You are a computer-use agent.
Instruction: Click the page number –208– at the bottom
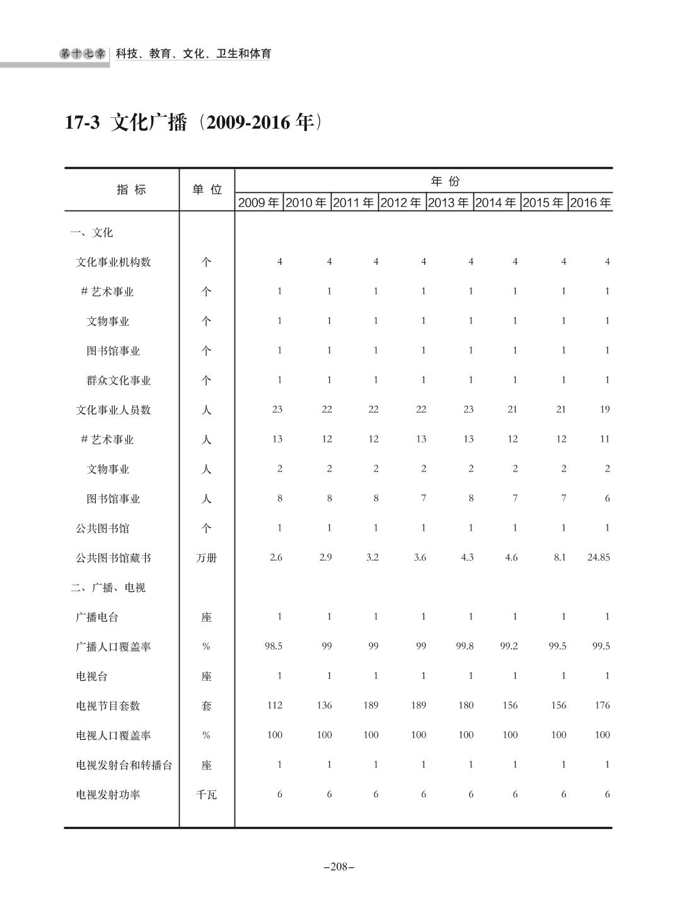click(338, 867)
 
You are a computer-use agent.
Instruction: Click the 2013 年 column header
click(448, 203)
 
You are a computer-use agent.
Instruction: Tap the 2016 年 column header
click(591, 203)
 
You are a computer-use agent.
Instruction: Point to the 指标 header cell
click(131, 190)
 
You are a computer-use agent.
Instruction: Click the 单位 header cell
click(207, 190)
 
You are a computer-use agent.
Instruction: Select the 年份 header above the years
click(445, 182)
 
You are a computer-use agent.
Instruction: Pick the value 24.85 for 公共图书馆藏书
click(598, 557)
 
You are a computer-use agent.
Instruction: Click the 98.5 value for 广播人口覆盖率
click(273, 646)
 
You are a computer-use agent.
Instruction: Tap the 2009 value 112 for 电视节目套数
click(274, 705)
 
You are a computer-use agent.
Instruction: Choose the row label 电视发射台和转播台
click(124, 765)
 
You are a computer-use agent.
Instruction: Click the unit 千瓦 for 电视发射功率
click(206, 795)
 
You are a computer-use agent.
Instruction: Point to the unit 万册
click(206, 558)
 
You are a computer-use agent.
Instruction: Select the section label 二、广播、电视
click(108, 587)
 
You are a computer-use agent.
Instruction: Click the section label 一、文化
click(91, 233)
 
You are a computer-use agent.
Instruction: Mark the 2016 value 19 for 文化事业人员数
click(605, 410)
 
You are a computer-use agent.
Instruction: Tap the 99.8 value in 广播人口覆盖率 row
click(465, 646)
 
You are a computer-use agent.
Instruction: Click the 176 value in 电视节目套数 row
click(602, 705)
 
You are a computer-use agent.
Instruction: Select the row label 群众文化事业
click(119, 381)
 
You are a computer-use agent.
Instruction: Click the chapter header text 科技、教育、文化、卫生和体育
click(194, 54)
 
